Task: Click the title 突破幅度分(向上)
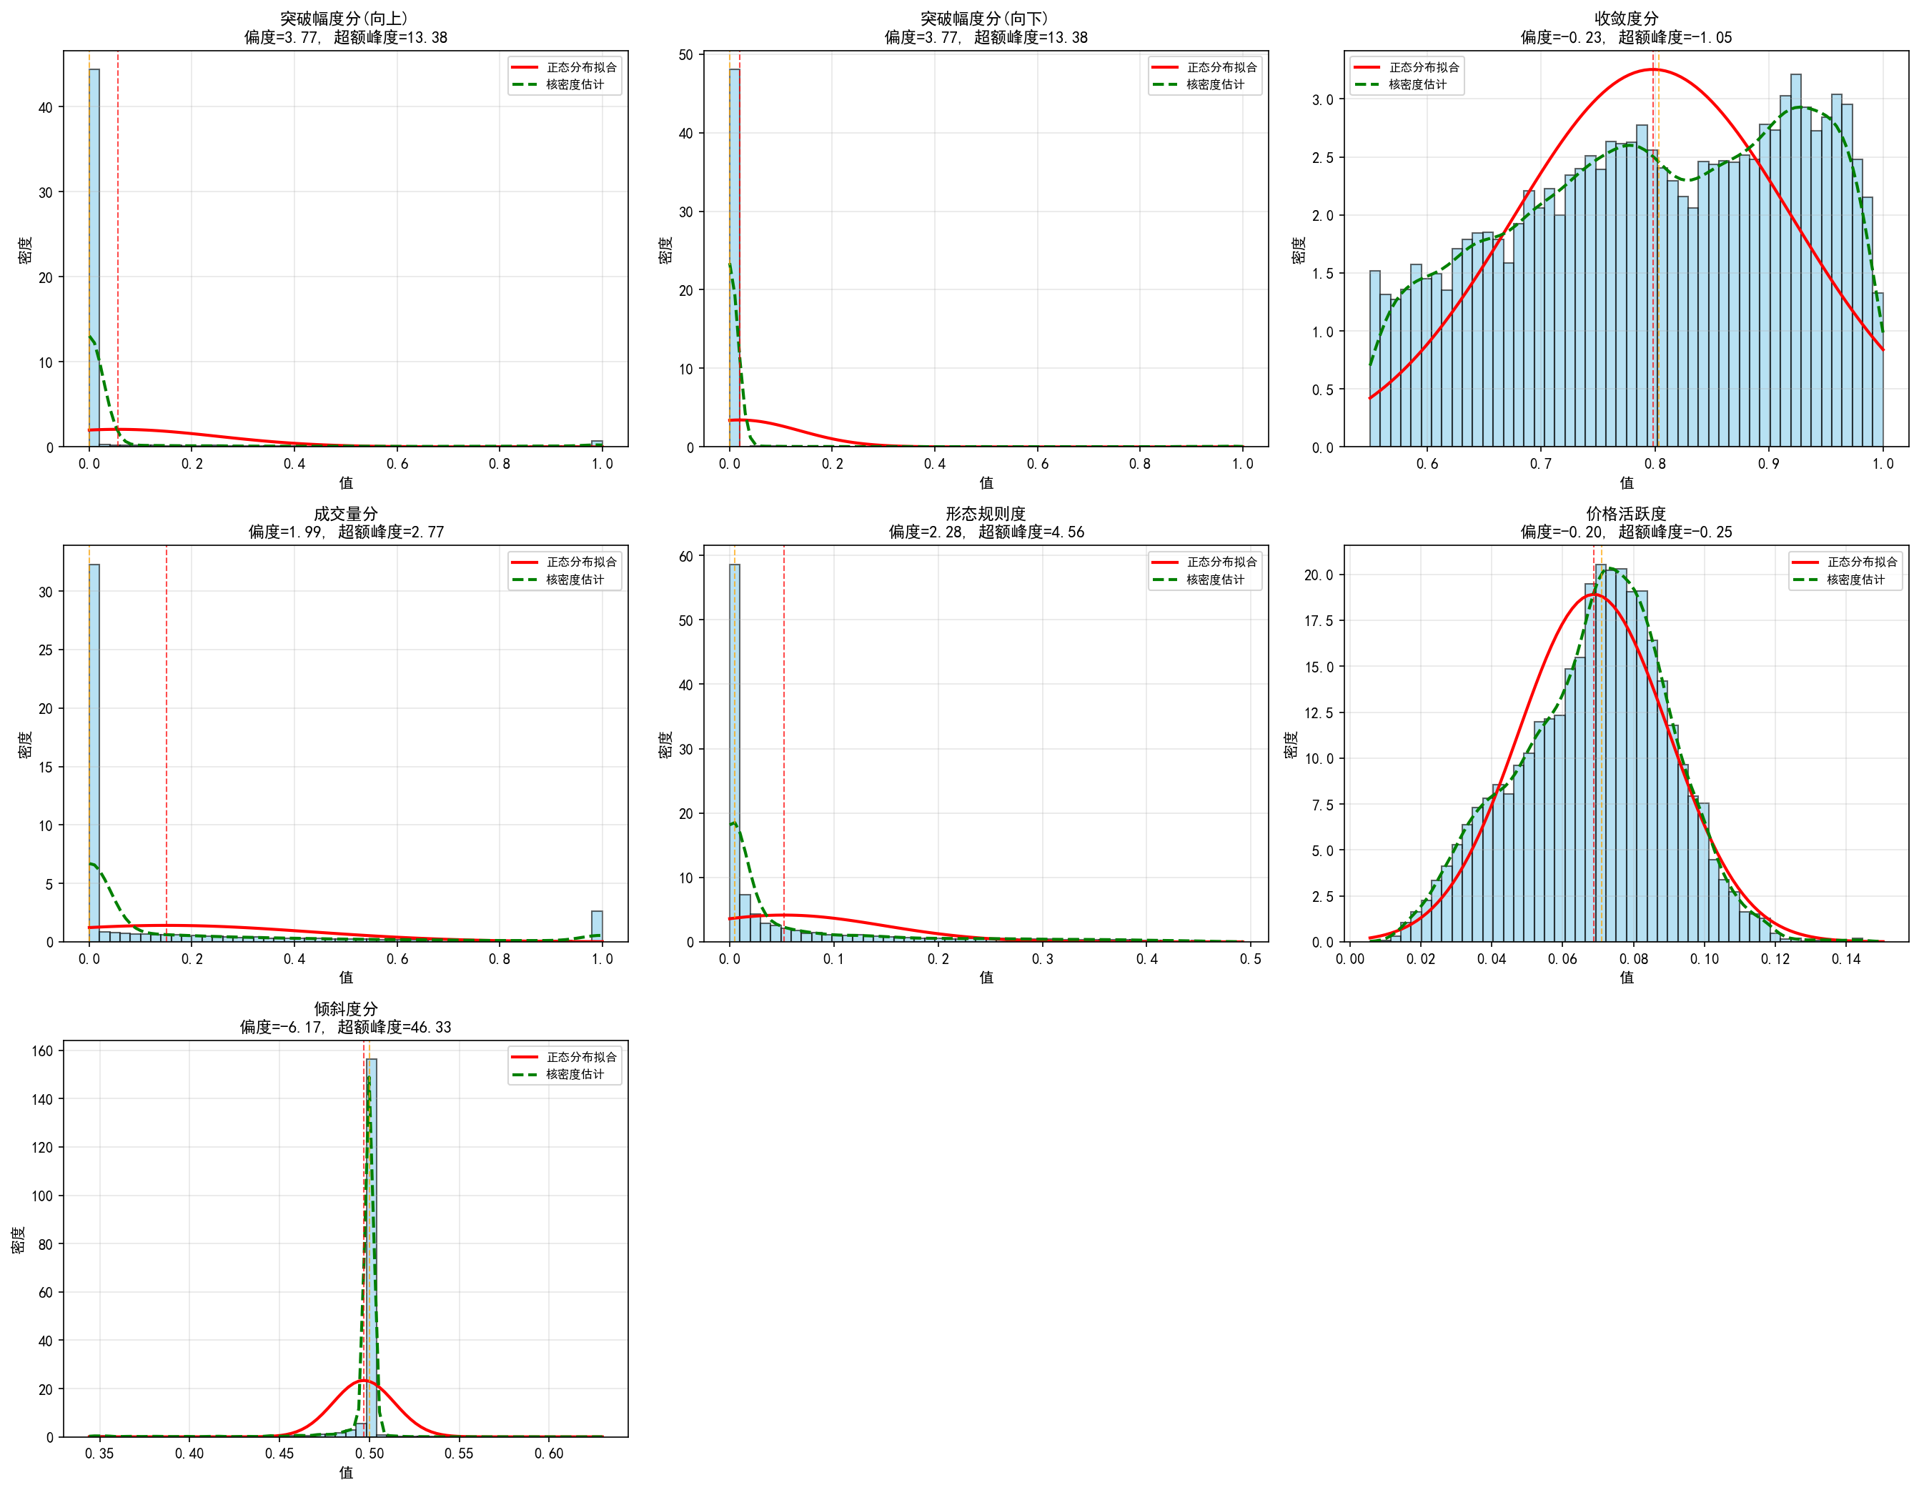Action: tap(345, 19)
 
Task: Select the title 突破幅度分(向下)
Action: tap(985, 19)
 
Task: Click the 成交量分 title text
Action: tap(345, 514)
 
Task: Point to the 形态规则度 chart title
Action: tap(985, 514)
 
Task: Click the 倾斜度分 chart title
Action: tap(345, 1008)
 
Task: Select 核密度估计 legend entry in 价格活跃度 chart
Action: tap(1855, 580)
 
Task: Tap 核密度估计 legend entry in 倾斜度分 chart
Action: tap(575, 1075)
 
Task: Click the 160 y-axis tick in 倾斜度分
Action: tap(43, 1051)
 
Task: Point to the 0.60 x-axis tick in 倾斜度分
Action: tap(549, 1454)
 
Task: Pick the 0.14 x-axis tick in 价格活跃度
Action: tap(1846, 959)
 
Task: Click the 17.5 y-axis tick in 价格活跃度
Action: tap(1318, 621)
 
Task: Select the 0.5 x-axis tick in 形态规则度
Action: tap(1250, 959)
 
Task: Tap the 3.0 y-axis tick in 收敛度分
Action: tap(1322, 100)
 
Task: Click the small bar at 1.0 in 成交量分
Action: tap(597, 927)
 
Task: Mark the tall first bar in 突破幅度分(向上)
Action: tap(94, 264)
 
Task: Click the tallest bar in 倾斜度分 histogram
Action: tap(372, 1248)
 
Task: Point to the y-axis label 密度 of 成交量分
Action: tap(24, 744)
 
